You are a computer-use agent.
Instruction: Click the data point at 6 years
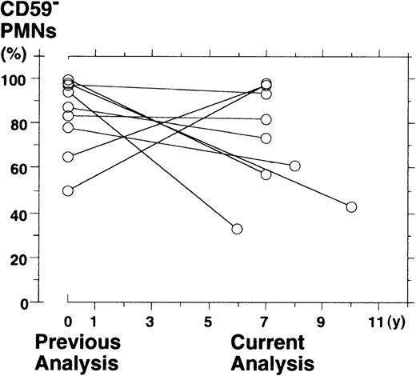coord(238,230)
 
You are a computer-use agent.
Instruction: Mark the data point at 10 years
coord(351,207)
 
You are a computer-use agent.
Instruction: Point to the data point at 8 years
coord(294,166)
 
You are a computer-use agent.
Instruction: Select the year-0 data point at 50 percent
coord(68,190)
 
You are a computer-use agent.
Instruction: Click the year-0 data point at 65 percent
coord(68,157)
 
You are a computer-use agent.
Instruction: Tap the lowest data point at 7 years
coord(266,174)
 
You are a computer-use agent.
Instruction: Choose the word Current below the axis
coord(269,342)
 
